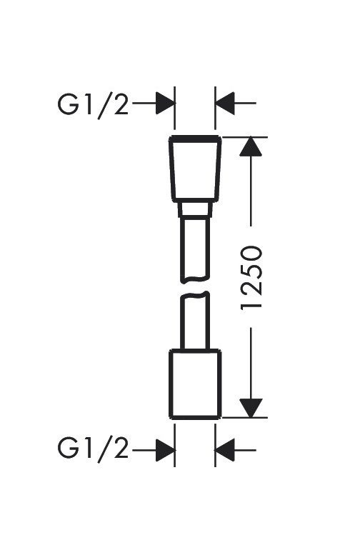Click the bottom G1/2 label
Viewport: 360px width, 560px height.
pos(93,450)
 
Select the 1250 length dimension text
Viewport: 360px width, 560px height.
pos(251,277)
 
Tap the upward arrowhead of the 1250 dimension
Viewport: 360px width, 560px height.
pos(251,146)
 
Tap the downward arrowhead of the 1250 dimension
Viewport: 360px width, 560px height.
pos(251,408)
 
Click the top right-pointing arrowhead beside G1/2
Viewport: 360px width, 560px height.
pos(166,103)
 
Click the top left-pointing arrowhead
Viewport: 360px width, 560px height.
pos(224,103)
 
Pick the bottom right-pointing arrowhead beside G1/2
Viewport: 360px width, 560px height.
pos(166,450)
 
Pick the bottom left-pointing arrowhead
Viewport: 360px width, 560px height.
pos(224,450)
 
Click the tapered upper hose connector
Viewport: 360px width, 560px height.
pos(195,169)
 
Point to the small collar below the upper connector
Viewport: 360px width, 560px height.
pos(195,210)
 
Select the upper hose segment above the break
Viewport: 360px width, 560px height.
pos(195,250)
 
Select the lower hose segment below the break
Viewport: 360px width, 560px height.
pos(195,320)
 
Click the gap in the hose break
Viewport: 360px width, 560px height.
pos(195,287)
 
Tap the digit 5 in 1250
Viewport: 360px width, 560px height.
pos(251,269)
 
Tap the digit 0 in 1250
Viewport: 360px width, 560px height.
pos(251,253)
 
